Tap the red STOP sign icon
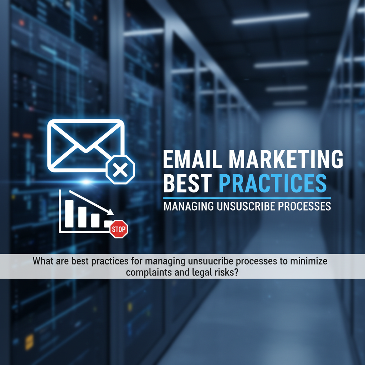click(x=119, y=230)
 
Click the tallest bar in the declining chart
click(x=70, y=214)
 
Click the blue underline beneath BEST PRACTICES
click(x=247, y=198)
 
